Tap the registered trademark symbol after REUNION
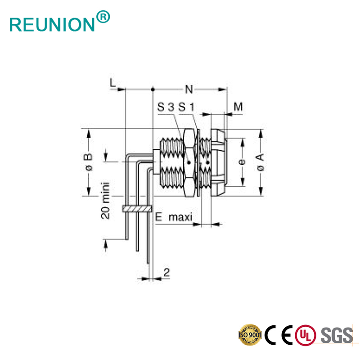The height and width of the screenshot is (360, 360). (103, 17)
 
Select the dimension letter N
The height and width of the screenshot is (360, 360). (189, 90)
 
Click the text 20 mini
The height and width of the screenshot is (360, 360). (105, 200)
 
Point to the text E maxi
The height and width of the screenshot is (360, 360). (174, 217)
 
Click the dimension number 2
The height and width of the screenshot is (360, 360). (166, 272)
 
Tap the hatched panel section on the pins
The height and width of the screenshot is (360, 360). (136, 209)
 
